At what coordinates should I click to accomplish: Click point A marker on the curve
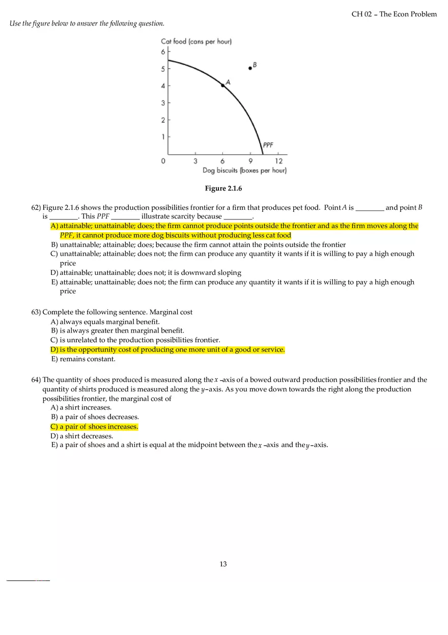click(x=222, y=86)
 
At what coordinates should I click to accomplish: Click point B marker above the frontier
click(x=250, y=68)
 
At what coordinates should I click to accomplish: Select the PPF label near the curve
click(x=268, y=145)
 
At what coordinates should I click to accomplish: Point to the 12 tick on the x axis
click(x=278, y=161)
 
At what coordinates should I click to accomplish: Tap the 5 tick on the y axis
click(x=163, y=69)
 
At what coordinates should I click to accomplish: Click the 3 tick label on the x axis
click(x=195, y=161)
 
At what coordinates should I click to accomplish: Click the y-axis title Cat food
click(x=196, y=41)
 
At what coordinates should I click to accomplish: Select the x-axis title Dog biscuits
click(x=244, y=171)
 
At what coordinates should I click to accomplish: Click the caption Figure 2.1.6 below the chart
click(x=223, y=188)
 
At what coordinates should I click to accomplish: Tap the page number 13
click(x=223, y=564)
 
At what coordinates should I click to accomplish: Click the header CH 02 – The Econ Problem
click(x=394, y=14)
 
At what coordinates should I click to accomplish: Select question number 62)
click(x=36, y=207)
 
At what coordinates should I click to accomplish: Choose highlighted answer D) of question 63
click(x=167, y=349)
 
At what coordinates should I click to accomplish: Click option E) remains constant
click(x=83, y=359)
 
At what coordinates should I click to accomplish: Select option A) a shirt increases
click(x=81, y=407)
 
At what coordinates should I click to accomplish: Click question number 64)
click(x=36, y=379)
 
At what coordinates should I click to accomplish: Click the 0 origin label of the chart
click(x=163, y=161)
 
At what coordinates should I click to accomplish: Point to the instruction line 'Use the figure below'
click(x=87, y=23)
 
